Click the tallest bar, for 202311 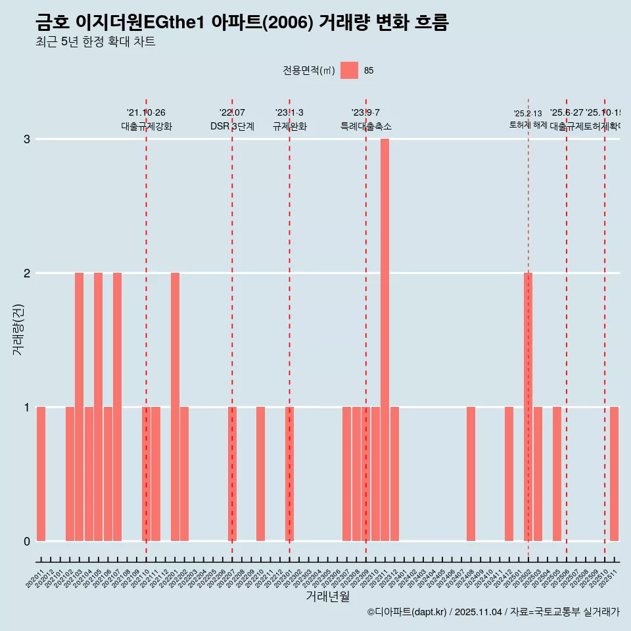point(385,340)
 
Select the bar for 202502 point(528,407)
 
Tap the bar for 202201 point(175,407)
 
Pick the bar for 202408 point(471,474)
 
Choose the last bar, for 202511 point(614,474)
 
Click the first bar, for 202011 point(41,474)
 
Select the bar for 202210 point(260,474)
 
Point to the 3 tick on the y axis point(27,139)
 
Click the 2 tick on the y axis point(27,273)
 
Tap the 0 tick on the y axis point(27,542)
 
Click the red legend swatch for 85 point(349,70)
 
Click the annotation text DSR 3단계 point(232,126)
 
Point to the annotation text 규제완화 point(289,126)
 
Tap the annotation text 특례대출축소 point(365,126)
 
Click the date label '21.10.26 point(146,113)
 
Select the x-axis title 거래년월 point(327,596)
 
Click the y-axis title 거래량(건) point(18,329)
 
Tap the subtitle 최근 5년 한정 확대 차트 point(95,42)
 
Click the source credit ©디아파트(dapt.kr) point(408,612)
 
